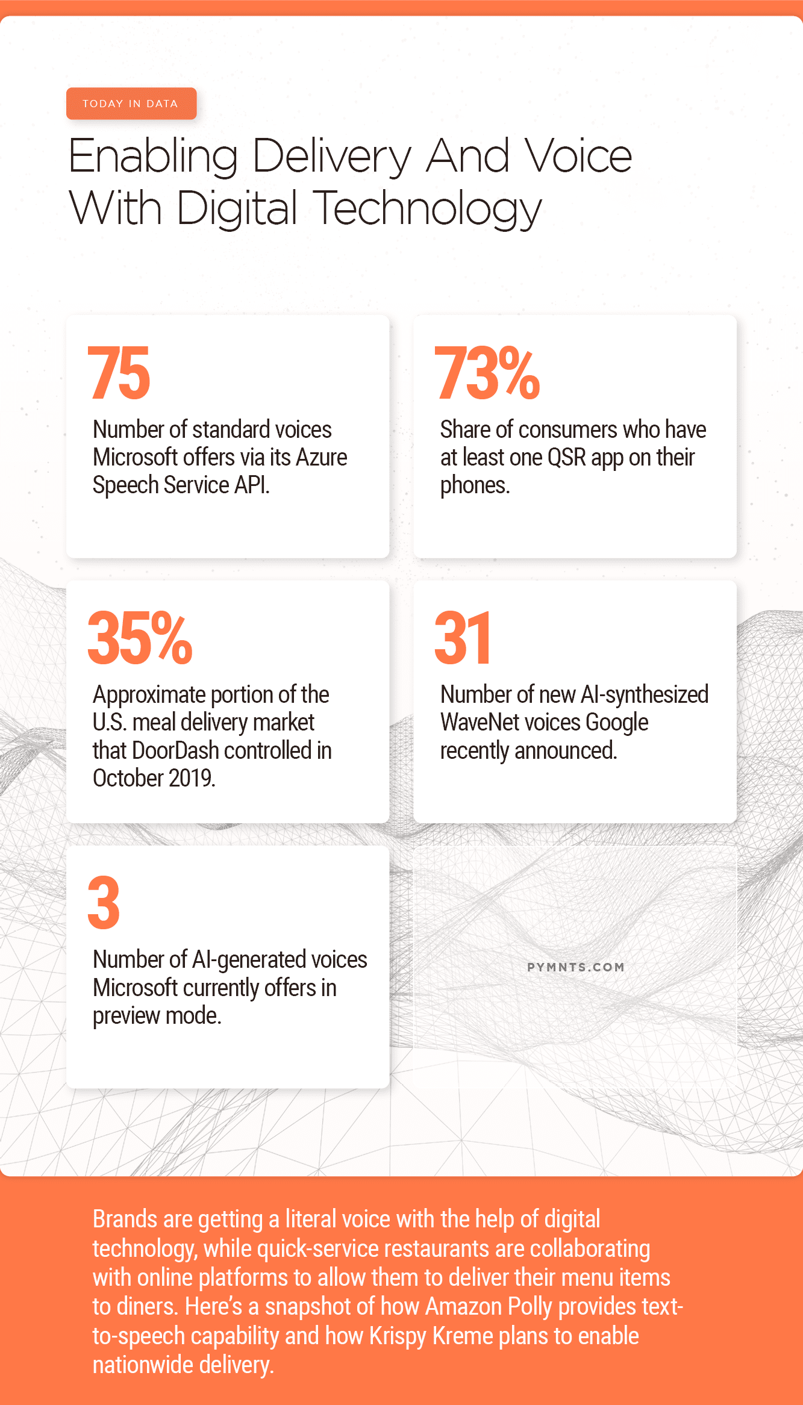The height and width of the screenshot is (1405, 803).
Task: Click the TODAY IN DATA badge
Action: [131, 104]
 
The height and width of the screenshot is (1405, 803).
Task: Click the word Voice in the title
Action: [578, 156]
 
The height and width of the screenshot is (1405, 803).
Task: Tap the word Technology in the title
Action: [427, 209]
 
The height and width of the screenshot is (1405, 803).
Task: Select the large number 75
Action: [119, 373]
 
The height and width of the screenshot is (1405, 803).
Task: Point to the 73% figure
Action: [487, 373]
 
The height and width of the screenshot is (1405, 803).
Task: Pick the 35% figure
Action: [140, 638]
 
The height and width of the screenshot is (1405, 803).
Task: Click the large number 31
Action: [463, 638]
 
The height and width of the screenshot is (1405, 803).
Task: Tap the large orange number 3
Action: [104, 903]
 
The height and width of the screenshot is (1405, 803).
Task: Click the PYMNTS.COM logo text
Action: [575, 967]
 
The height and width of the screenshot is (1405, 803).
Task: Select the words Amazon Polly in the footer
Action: [488, 1307]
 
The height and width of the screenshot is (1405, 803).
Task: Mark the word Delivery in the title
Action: [331, 156]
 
